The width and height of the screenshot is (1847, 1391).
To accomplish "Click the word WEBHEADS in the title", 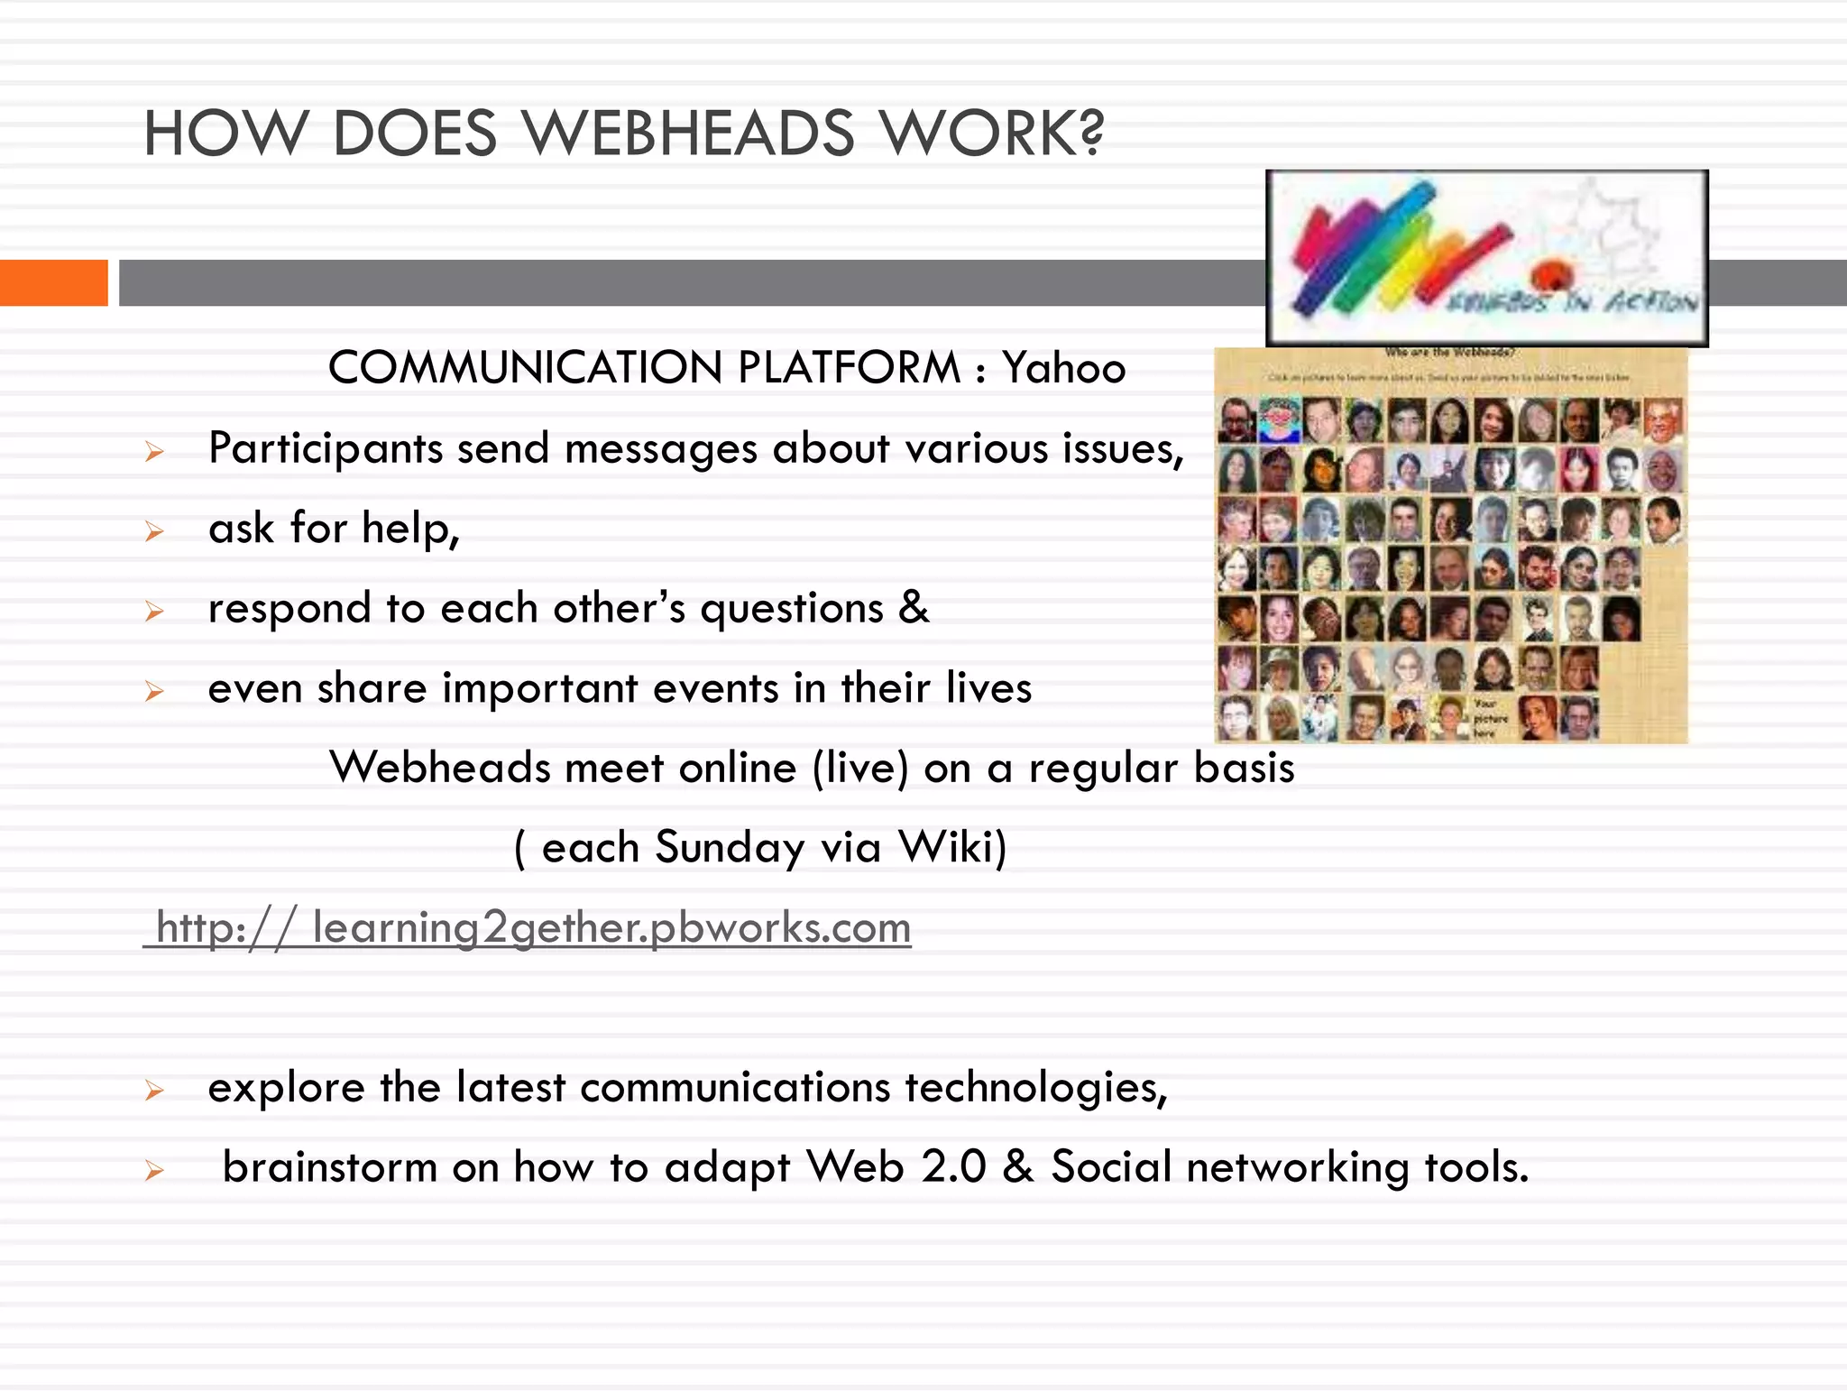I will click(689, 134).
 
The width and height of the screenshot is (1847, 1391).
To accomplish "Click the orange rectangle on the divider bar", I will click(53, 282).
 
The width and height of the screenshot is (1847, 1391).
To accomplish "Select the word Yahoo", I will click(1064, 368).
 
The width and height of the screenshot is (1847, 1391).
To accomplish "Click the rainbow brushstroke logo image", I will click(1486, 258).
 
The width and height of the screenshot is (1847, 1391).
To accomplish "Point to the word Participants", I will click(326, 448).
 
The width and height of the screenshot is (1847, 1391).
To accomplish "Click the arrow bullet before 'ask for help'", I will click(154, 531).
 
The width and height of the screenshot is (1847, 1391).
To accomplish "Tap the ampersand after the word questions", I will click(914, 607).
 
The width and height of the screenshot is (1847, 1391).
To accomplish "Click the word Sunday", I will click(730, 848).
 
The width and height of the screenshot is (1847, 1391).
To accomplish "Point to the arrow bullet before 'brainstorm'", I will click(154, 1171).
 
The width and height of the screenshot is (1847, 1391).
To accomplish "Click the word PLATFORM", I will click(849, 368).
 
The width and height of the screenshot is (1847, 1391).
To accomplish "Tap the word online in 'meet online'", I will click(738, 769).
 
